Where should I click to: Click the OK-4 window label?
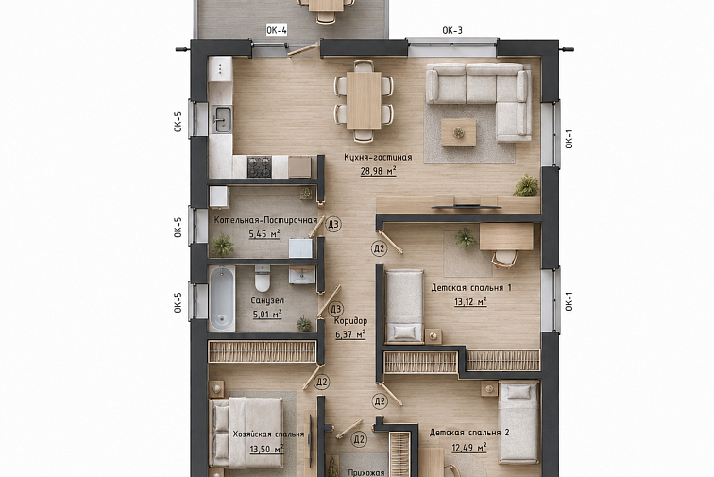277,30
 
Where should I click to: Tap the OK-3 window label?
452,30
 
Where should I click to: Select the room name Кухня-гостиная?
378,157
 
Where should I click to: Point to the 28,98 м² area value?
378,171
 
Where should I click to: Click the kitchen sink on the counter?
222,119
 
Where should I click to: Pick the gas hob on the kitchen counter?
260,167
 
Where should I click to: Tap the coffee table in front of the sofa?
459,132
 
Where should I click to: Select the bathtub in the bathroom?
222,298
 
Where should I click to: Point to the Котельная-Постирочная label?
266,220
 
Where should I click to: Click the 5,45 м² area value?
264,234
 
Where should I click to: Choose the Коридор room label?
350,321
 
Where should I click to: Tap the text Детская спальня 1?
471,288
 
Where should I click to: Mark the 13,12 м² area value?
470,301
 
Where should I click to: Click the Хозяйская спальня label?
268,434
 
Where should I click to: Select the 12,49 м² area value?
469,448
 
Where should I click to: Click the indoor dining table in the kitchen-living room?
364,101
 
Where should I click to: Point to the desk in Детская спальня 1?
506,236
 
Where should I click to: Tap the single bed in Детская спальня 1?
404,306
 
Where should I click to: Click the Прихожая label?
366,473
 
